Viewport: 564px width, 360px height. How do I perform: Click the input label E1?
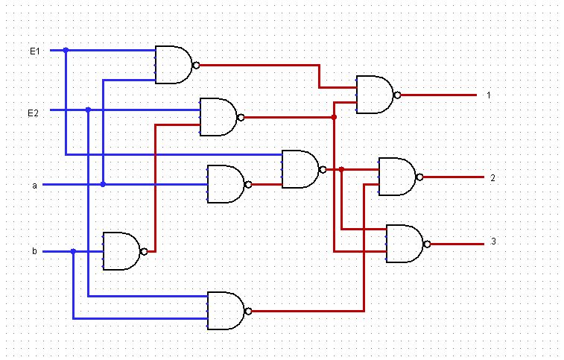[x=34, y=51]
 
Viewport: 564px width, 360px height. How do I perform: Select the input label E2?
[x=34, y=113]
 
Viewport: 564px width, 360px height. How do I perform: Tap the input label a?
[x=34, y=185]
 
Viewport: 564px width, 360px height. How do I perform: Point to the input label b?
[x=34, y=252]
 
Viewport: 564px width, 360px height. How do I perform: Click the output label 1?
[x=489, y=95]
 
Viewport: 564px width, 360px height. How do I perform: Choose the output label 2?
[x=492, y=177]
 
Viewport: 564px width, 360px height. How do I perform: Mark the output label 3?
[x=492, y=242]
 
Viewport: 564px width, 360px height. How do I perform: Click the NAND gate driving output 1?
[x=376, y=95]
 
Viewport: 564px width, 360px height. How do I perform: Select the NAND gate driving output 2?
[x=398, y=177]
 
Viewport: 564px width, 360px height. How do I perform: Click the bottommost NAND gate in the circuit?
[x=226, y=311]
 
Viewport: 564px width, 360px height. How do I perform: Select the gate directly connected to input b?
[x=121, y=251]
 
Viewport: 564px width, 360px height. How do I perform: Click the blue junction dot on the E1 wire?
[x=66, y=51]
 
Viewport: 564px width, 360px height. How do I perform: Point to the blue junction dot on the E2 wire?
[x=88, y=110]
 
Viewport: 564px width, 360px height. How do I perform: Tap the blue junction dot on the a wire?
[x=103, y=184]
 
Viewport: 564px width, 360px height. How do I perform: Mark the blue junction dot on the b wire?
[x=73, y=251]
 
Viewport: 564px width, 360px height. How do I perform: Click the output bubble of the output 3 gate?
[x=427, y=244]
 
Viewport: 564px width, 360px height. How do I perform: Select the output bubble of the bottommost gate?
[x=248, y=311]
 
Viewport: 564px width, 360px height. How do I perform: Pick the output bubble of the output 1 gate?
[x=398, y=95]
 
